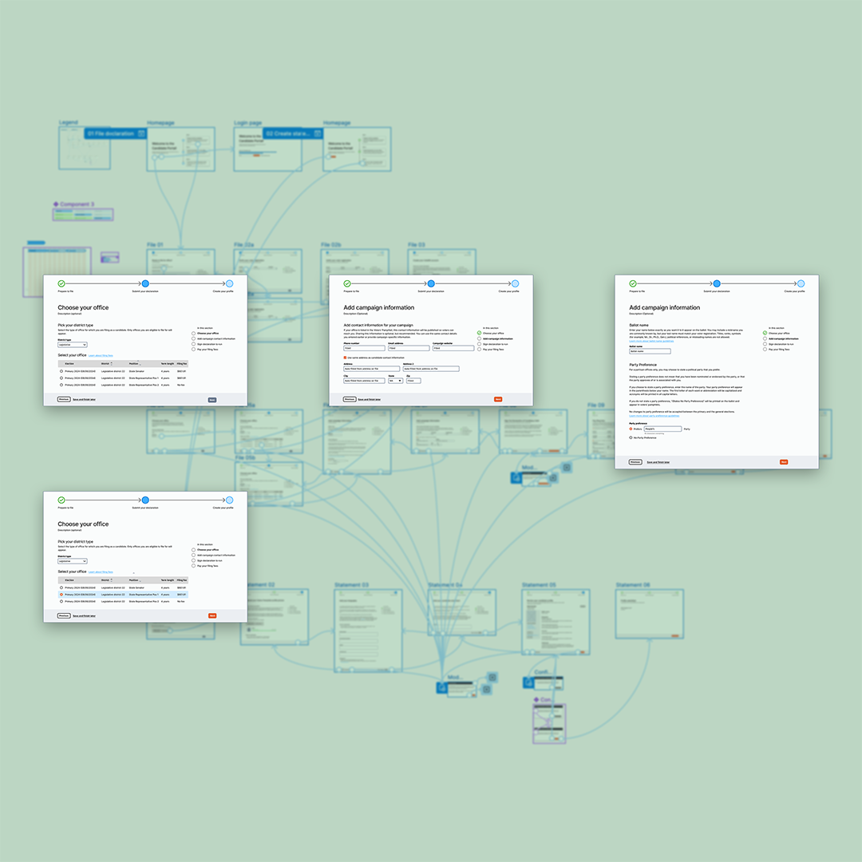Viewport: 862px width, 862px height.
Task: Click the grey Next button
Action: [x=212, y=399]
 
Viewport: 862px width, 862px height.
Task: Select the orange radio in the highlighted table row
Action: [x=61, y=595]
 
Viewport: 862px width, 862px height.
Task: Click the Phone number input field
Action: [x=363, y=348]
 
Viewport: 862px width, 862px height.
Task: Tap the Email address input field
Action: [x=408, y=348]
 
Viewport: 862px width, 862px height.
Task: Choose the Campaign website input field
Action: [x=453, y=348]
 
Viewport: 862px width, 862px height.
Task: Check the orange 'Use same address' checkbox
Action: [x=346, y=358]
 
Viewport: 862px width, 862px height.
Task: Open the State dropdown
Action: [x=395, y=381]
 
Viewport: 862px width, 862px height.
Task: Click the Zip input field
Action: [x=413, y=381]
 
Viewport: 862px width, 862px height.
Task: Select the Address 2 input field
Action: [x=431, y=369]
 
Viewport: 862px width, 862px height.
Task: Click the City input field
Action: [x=363, y=381]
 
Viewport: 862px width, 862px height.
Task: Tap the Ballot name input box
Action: [x=650, y=350]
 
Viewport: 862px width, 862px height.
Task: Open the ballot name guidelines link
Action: [x=650, y=341]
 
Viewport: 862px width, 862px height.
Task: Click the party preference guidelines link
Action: [x=654, y=416]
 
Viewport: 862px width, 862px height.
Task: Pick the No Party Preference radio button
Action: [x=631, y=437]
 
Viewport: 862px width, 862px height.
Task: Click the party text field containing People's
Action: [x=662, y=429]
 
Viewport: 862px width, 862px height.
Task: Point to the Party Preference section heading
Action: [x=648, y=364]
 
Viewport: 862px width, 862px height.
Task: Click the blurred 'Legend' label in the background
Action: [x=69, y=123]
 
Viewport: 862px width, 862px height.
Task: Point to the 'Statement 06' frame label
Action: [x=632, y=585]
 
